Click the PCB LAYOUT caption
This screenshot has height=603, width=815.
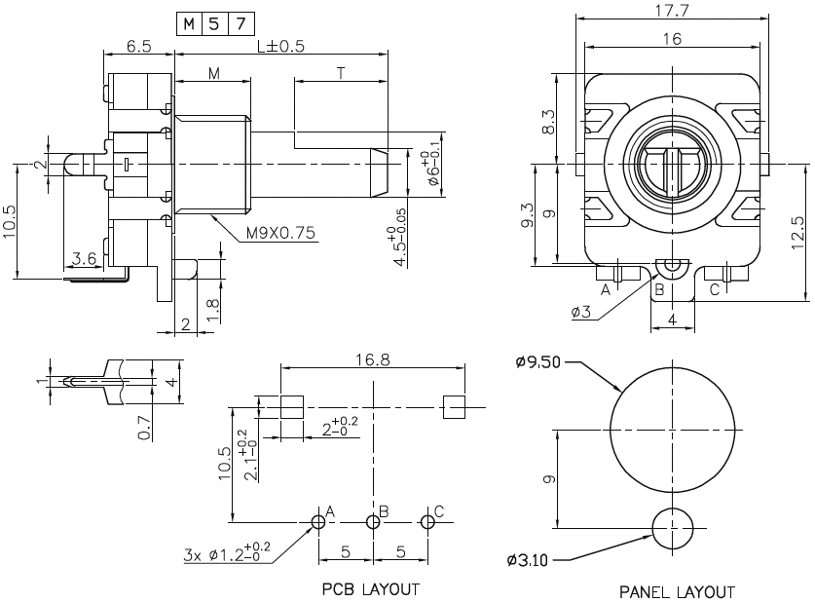[371, 589]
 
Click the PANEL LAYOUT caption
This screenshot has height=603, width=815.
[677, 591]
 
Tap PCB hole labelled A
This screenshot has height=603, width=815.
[318, 522]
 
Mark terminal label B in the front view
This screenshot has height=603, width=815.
[659, 289]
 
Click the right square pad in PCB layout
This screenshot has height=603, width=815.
[454, 407]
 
